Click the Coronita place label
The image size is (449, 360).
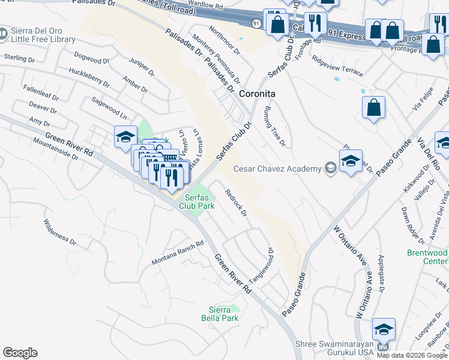pos(257,94)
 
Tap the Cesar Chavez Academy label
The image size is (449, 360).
pos(277,169)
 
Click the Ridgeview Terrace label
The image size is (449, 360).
pos(337,65)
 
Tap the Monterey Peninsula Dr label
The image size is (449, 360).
pos(221,61)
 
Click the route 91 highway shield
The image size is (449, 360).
pos(255,23)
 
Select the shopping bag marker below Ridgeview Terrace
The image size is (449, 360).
pos(373,109)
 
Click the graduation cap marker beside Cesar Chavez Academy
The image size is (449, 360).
pos(351,161)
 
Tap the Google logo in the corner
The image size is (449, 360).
pos(20,353)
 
